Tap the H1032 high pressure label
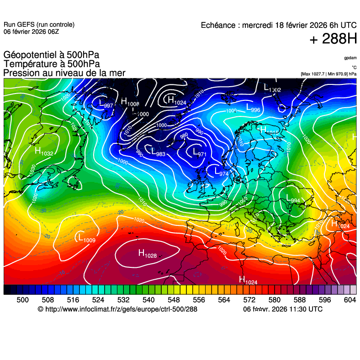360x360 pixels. click(x=44, y=151)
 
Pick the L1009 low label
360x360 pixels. click(x=87, y=238)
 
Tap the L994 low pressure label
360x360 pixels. click(x=293, y=199)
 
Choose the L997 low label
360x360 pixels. click(x=106, y=104)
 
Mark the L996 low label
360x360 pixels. click(x=253, y=108)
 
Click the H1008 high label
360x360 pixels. click(x=130, y=102)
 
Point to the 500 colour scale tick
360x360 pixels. click(x=22, y=300)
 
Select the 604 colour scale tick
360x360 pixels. click(x=349, y=300)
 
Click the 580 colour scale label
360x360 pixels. click(x=274, y=300)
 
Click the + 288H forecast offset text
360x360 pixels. click(x=333, y=40)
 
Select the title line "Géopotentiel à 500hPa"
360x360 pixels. click(x=51, y=55)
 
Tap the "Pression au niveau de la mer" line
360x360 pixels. click(x=64, y=73)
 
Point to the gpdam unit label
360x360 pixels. click(x=350, y=58)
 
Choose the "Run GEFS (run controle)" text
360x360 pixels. click(x=39, y=25)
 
